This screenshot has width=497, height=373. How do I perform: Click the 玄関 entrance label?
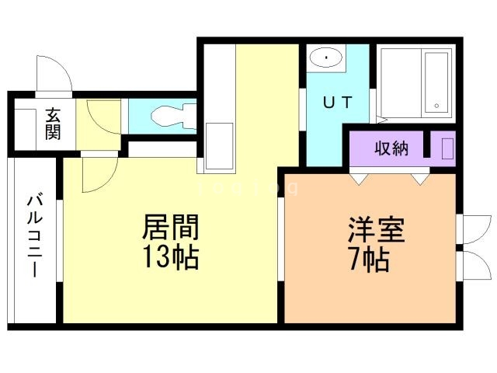pos(53,124)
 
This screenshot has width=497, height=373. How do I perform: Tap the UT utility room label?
pos(337,101)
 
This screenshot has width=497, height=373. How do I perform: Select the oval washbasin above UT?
pos(327,58)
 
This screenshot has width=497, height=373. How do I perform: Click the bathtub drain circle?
pos(436,105)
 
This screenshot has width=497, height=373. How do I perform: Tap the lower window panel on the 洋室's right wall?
pos(471,263)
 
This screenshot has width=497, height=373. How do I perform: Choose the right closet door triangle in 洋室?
pos(420,179)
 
